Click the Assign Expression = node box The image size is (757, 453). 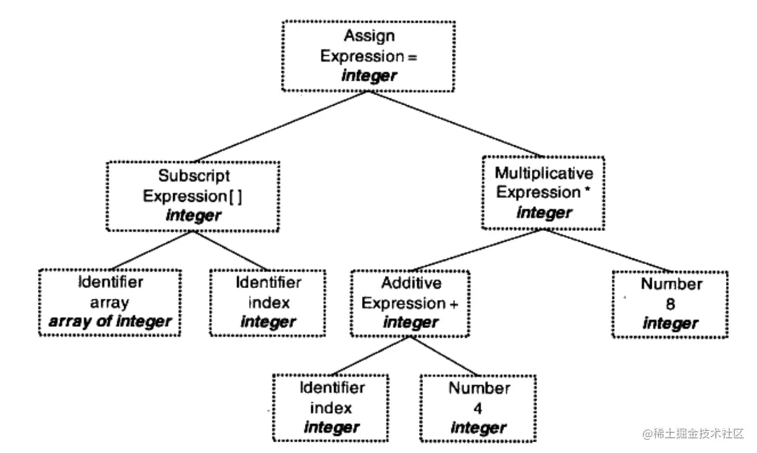coord(368,56)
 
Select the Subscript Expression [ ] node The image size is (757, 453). coord(193,196)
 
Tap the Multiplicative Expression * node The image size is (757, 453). coord(543,193)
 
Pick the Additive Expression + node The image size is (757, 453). coord(410,303)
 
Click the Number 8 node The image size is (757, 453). coord(670,304)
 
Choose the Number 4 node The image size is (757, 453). coord(479,407)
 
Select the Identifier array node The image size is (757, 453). coord(110,302)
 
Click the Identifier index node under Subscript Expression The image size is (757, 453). coord(268,302)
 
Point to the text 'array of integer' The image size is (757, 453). coord(110,322)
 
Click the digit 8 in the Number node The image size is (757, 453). coord(670,305)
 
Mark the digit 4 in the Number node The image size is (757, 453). coord(479,407)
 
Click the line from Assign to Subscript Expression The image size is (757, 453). coord(279,127)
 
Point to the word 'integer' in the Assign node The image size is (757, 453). coord(369,75)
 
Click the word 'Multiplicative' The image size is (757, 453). coord(544,173)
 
